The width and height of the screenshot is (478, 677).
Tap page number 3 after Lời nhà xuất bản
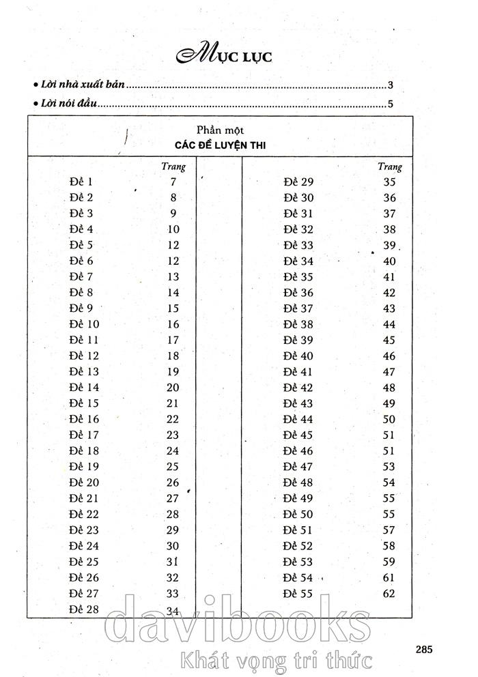pyautogui.click(x=391, y=86)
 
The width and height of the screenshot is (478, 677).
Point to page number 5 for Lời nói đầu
pyautogui.click(x=391, y=104)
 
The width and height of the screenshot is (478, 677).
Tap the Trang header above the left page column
pyautogui.click(x=173, y=167)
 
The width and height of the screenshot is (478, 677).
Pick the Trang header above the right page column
pyautogui.click(x=389, y=167)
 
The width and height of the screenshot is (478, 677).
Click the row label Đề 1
pyautogui.click(x=81, y=182)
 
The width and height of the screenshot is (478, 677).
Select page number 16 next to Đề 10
pyautogui.click(x=173, y=325)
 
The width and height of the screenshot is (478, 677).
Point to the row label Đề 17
pyautogui.click(x=84, y=435)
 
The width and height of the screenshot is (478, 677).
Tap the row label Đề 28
pyautogui.click(x=84, y=609)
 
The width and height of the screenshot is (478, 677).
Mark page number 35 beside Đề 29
pyautogui.click(x=389, y=182)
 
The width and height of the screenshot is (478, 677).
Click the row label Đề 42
pyautogui.click(x=298, y=388)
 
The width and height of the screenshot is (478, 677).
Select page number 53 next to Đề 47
pyautogui.click(x=389, y=467)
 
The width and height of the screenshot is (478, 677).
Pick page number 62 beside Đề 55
pyautogui.click(x=389, y=594)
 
